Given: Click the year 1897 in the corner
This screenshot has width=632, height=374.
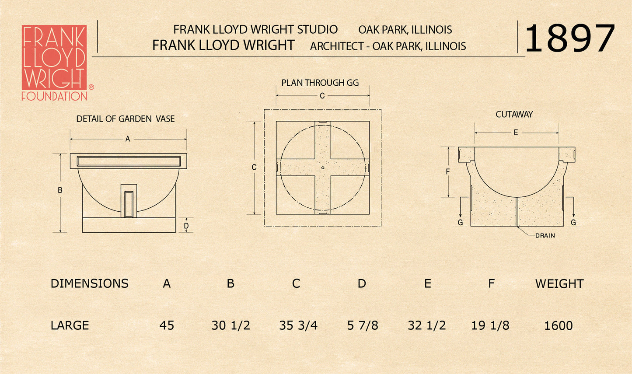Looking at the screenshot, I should pos(569,38).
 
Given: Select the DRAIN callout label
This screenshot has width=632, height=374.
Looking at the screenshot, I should pos(545,235).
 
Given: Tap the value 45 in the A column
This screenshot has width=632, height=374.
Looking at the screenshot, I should pos(167,325).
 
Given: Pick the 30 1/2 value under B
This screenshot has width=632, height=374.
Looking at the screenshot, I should pos(230,325).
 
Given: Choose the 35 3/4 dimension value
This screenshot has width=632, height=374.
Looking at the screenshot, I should pos(298,325).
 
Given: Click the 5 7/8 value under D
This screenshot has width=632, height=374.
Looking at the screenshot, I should pos(362,325).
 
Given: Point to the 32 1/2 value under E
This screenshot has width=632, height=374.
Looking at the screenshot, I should pos(426,325).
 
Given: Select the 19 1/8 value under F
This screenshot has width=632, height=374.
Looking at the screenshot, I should pos(490,325).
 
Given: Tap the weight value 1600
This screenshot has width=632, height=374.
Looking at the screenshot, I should pos(558,325).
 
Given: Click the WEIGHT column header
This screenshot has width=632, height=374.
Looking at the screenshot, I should pos(559,284).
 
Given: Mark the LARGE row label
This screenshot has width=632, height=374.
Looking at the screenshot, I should pos(70,325).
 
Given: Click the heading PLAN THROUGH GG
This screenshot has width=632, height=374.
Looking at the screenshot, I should pos(320,83).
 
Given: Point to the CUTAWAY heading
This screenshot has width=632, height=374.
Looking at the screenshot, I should pos(514,114).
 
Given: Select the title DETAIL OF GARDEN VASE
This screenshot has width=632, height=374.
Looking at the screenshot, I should pos(125,119).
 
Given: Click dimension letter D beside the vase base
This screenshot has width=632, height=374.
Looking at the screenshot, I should pos(186,226).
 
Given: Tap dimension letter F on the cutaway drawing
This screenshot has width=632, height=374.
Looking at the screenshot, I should pos(447,171).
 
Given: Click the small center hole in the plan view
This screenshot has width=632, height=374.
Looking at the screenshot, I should pos(323,168).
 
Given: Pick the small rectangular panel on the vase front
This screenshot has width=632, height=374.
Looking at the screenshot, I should pos(129,204).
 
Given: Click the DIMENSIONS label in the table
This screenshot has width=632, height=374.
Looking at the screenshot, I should pos(89,283).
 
